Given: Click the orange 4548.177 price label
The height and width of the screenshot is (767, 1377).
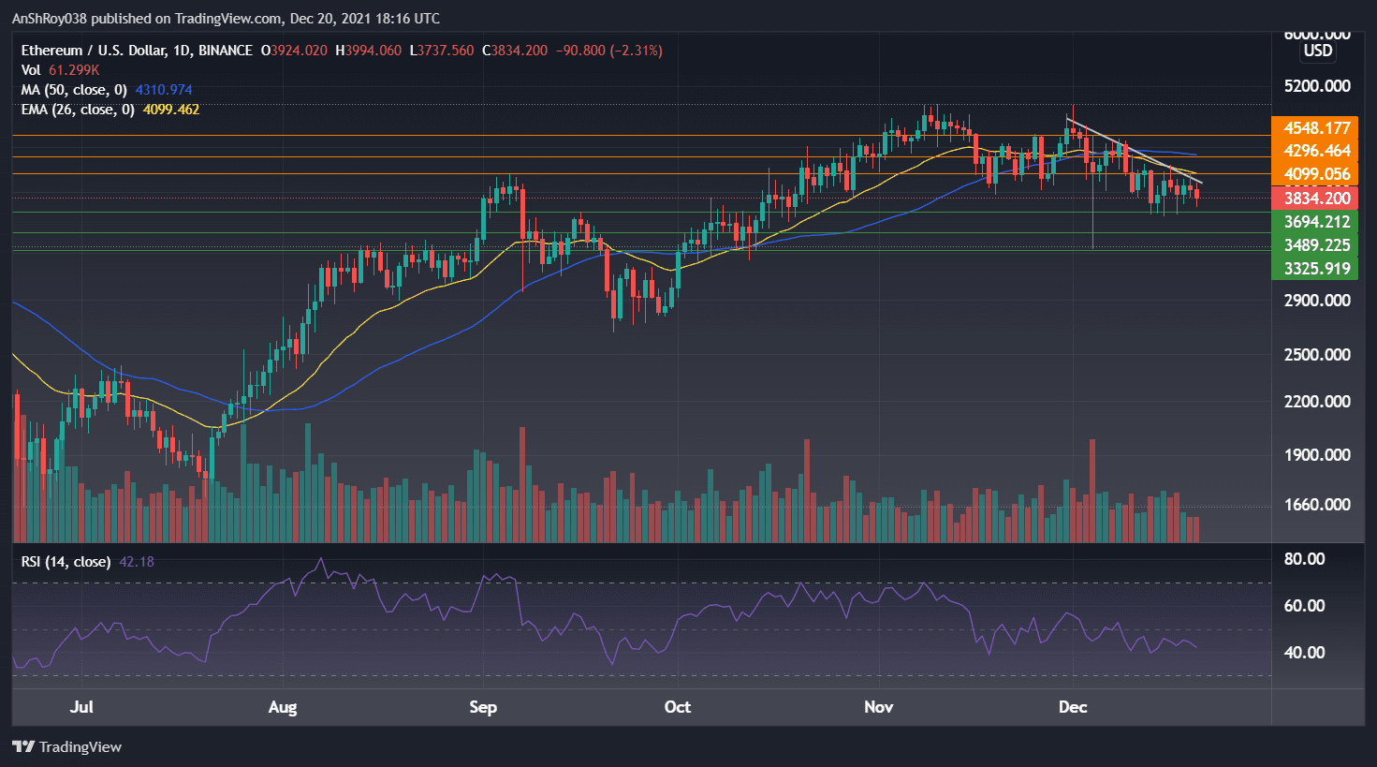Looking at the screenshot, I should (1316, 128).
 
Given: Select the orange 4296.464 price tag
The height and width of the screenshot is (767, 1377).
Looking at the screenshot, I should (1316, 151).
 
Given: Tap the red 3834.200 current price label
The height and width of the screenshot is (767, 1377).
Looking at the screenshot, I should (1316, 198).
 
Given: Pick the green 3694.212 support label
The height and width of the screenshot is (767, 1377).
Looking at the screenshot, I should (1316, 222).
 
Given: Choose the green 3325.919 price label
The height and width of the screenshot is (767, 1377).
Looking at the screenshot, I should (1316, 269).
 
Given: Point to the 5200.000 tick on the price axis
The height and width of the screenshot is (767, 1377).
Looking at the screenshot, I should (1316, 86).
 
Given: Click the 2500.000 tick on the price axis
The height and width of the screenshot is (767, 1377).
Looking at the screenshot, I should (1316, 355).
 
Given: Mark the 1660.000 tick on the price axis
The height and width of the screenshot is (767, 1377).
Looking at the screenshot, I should (1316, 505).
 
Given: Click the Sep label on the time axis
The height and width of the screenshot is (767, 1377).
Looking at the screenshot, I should (483, 707).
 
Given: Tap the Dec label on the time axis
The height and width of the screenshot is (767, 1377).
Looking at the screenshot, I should (1073, 707).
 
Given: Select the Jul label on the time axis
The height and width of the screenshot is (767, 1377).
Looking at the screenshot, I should (81, 707).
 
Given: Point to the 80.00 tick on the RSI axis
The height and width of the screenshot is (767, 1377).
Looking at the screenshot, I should (1303, 559).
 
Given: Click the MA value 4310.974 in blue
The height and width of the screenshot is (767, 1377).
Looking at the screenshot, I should (164, 90).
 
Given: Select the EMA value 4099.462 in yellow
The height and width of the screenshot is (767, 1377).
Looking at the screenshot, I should (170, 110).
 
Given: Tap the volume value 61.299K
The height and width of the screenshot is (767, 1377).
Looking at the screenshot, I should (74, 70).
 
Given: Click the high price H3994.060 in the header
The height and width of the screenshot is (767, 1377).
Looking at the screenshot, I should (368, 51).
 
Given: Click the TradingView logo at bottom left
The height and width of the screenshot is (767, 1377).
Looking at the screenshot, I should (67, 746).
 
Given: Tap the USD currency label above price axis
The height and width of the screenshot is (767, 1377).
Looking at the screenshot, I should (1318, 51).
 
